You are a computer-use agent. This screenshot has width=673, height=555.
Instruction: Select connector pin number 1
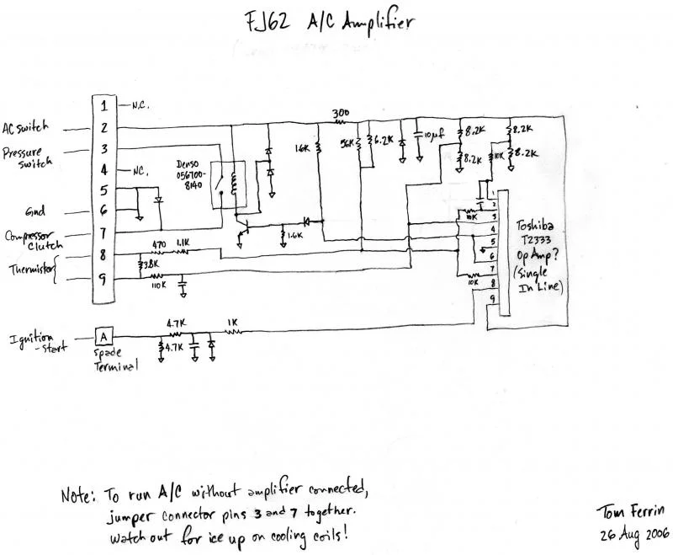tap(103, 106)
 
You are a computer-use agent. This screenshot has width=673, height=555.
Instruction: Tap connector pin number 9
tap(103, 282)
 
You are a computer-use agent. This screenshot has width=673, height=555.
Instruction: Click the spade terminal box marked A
tap(103, 334)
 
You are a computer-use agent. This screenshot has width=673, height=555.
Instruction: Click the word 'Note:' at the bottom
tap(78, 495)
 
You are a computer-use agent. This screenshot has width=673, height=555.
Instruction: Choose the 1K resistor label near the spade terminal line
tap(233, 323)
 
